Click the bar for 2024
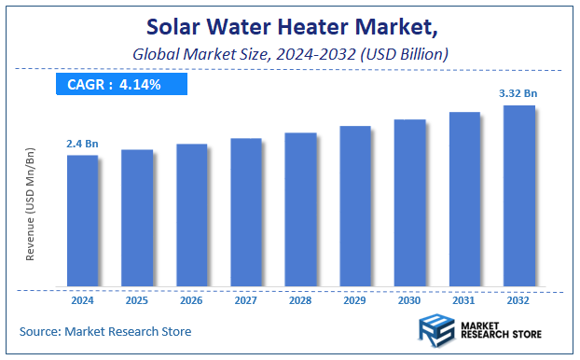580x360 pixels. pyautogui.click(x=82, y=220)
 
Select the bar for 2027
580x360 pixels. pyautogui.click(x=246, y=212)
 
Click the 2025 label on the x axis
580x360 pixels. pyautogui.click(x=137, y=300)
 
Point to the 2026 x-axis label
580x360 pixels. pyautogui.click(x=192, y=300)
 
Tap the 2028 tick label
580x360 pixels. pyautogui.click(x=301, y=300)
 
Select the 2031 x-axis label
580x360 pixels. pyautogui.click(x=464, y=300)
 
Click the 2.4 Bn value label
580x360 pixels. pyautogui.click(x=82, y=144)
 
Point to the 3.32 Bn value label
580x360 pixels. pyautogui.click(x=519, y=93)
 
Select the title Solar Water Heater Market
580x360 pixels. pyautogui.click(x=289, y=28)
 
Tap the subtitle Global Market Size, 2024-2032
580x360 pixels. pyautogui.click(x=289, y=55)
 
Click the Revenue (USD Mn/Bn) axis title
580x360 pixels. pyautogui.click(x=31, y=203)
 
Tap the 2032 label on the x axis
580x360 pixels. pyautogui.click(x=519, y=300)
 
